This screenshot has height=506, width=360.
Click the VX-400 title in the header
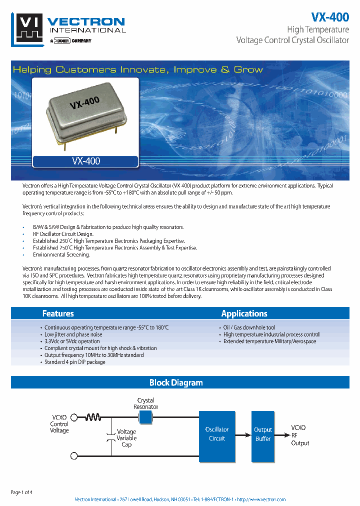coord(329,16)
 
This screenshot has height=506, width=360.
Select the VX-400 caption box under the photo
coord(85,161)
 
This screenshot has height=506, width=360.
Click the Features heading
coord(58,313)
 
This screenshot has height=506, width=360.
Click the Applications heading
coord(244,313)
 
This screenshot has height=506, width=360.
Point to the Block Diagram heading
coord(176,382)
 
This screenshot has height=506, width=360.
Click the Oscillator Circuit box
coord(217,434)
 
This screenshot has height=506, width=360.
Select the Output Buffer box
coord(262,434)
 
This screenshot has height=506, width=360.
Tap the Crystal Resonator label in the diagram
coord(145,403)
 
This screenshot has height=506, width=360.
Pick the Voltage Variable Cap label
coord(126,438)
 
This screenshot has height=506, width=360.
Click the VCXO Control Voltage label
coord(59,424)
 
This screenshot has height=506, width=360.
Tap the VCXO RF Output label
coord(299,435)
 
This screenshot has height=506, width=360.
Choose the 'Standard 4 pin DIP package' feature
coord(74,362)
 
